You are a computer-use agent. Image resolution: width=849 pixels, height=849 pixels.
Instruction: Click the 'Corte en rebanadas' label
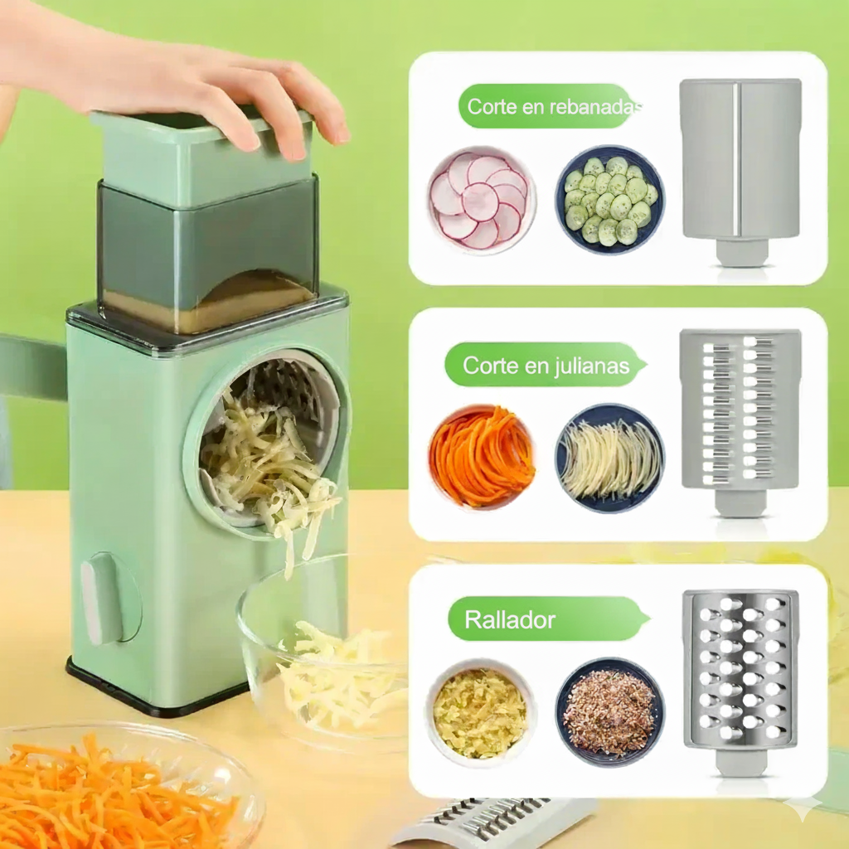[549, 106]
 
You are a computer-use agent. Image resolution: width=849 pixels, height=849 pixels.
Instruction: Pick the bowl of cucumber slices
[609, 200]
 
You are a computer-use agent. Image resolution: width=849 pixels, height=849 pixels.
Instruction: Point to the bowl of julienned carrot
[481, 457]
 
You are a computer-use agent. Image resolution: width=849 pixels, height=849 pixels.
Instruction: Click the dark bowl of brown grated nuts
[609, 711]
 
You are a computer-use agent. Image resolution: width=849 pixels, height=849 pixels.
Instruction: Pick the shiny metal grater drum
[740, 672]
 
